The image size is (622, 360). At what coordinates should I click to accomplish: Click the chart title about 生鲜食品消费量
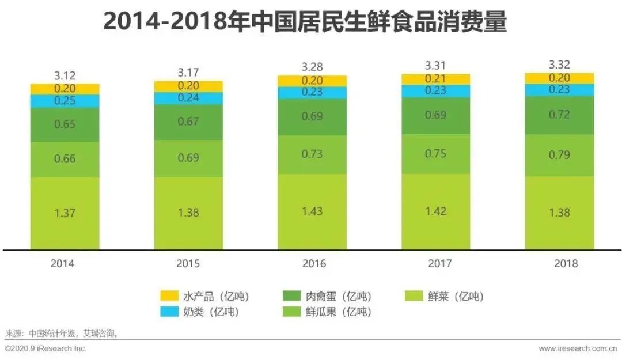[x=305, y=22]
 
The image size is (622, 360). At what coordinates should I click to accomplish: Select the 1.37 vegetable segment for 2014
[x=65, y=213]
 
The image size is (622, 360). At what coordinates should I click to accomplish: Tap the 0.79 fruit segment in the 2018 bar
[x=559, y=155]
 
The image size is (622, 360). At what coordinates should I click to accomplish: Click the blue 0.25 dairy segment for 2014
[x=65, y=101]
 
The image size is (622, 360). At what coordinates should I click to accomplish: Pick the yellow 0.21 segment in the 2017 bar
[x=435, y=79]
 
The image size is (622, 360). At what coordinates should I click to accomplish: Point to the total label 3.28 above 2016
[x=312, y=67]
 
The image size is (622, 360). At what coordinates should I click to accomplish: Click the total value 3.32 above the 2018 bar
[x=559, y=65]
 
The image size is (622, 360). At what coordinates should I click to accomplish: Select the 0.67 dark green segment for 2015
[x=188, y=121]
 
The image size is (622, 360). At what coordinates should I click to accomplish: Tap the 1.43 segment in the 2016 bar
[x=312, y=211]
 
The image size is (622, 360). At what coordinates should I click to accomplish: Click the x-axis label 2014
[x=63, y=264]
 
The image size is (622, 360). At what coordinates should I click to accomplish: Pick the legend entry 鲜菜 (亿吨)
[x=444, y=297]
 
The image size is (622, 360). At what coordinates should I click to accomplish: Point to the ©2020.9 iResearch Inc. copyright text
[x=45, y=348]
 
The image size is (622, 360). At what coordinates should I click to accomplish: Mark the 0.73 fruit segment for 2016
[x=312, y=154]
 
